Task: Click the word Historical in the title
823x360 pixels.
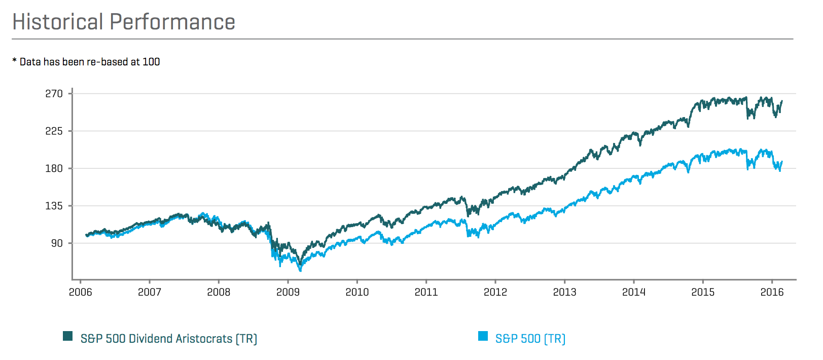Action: [x=58, y=22]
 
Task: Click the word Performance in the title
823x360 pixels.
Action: [x=172, y=22]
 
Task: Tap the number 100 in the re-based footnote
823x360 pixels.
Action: [x=151, y=62]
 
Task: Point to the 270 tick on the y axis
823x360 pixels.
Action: [x=54, y=94]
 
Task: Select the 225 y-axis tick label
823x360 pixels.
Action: [x=54, y=131]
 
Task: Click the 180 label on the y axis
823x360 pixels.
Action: [x=54, y=169]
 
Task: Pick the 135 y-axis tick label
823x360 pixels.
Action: [x=54, y=206]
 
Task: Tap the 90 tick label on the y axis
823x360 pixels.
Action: [x=57, y=243]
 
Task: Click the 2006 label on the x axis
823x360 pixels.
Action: [x=81, y=293]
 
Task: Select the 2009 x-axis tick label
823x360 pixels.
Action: [x=288, y=293]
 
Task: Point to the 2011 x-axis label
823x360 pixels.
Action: [x=426, y=293]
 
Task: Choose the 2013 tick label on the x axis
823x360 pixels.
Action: [x=565, y=293]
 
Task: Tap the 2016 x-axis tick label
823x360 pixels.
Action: [x=772, y=293]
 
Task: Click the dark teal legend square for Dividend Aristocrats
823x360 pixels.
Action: [x=67, y=336]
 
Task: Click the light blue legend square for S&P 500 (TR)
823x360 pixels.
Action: [x=483, y=336]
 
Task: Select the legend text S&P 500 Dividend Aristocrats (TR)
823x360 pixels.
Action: [x=169, y=339]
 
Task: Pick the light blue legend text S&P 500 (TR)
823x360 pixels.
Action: [x=530, y=339]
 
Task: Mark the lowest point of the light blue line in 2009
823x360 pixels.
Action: [x=301, y=271]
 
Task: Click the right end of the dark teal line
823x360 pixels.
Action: [x=782, y=101]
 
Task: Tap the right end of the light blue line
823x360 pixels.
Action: [x=782, y=162]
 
